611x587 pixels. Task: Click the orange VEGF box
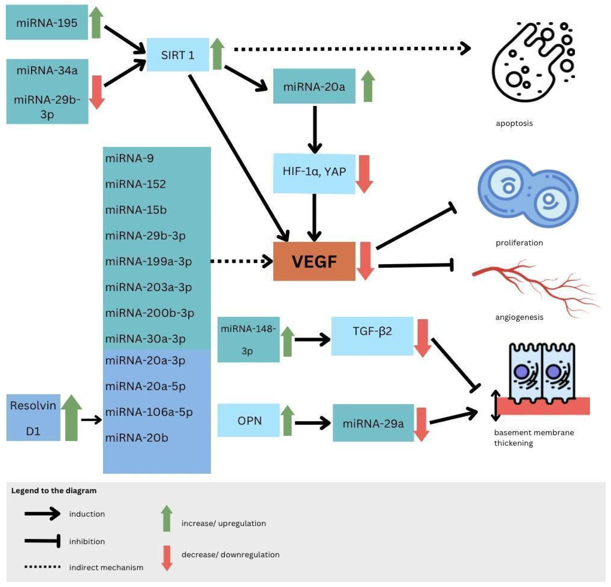(314, 261)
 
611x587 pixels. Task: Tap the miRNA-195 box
(47, 23)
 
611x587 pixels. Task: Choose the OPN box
(248, 420)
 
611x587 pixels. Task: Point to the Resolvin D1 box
(33, 418)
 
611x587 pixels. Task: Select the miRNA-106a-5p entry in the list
(149, 412)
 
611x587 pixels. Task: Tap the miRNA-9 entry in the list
(129, 158)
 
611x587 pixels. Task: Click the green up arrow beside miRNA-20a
(368, 86)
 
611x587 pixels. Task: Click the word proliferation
(519, 243)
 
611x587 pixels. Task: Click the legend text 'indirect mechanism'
(106, 567)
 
